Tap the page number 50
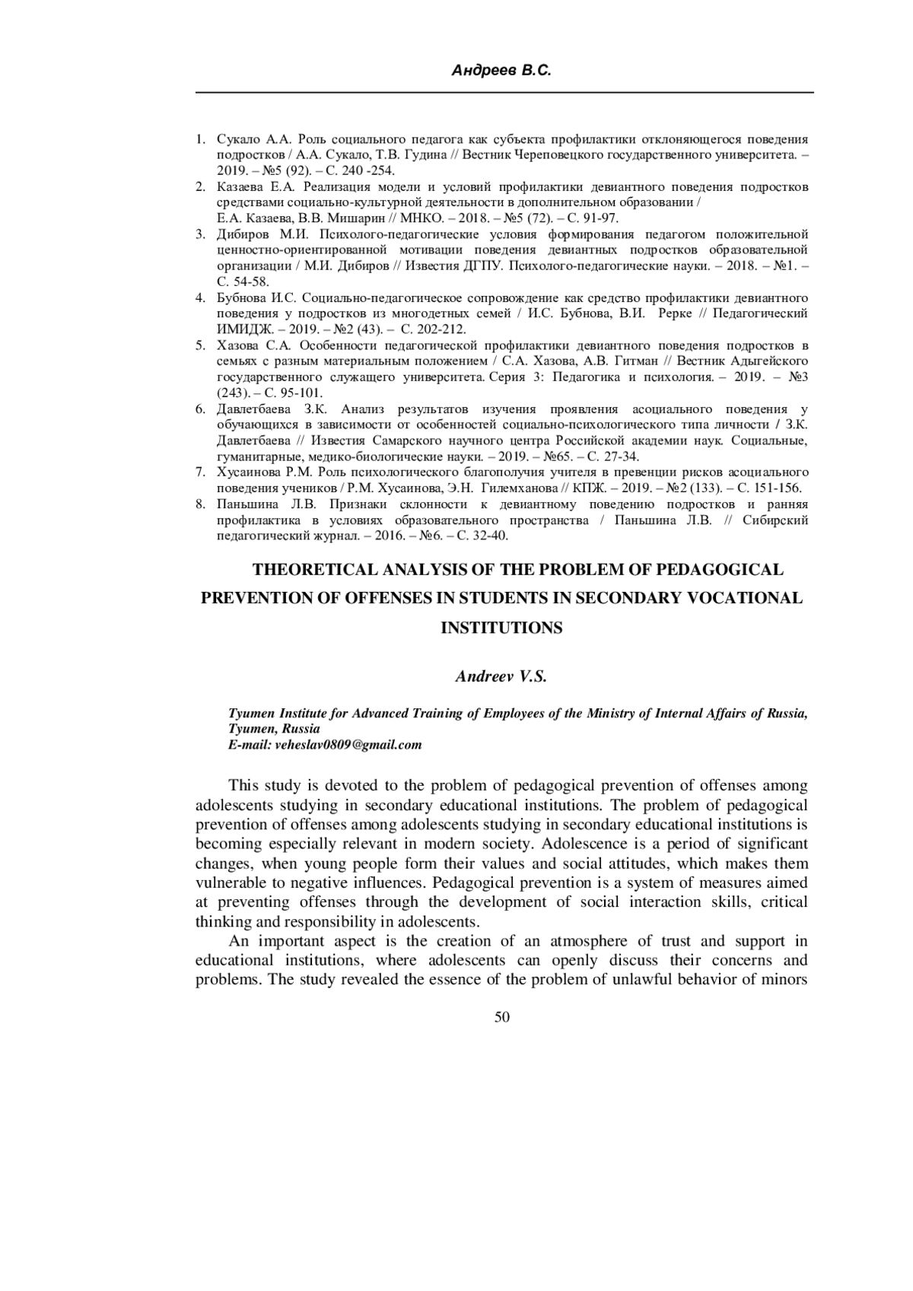click(x=501, y=1017)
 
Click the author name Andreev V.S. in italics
click(x=501, y=676)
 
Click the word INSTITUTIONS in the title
click(x=501, y=628)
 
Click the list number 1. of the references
click(x=201, y=139)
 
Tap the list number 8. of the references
click(x=201, y=504)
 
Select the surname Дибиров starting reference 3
click(x=243, y=234)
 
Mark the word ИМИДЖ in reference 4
click(x=239, y=329)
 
